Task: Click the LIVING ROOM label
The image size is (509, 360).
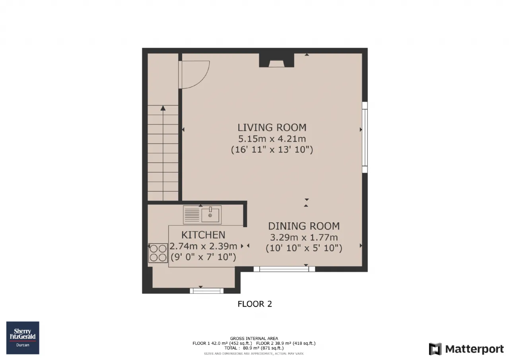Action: pos(272,128)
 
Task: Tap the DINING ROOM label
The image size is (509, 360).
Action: pos(304,226)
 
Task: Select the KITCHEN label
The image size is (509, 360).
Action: pos(203,235)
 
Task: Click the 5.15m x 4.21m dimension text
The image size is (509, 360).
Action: pos(272,139)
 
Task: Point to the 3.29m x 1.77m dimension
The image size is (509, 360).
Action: pos(304,237)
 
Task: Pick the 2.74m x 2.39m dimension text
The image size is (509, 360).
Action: pos(203,246)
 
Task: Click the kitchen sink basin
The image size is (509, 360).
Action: pos(210,215)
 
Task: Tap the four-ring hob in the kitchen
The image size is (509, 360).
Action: pos(158,253)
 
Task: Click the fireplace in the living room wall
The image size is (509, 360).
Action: pos(276,60)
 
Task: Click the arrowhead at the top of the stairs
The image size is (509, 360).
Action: pos(163,108)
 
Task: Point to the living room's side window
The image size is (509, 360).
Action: pos(365,138)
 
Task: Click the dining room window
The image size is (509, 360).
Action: pos(284,269)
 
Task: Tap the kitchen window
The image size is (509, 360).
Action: pos(206,291)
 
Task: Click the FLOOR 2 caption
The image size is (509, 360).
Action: pos(255,304)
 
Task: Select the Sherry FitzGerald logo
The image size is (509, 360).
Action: pos(23,338)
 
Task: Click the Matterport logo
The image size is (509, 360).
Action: pos(466,349)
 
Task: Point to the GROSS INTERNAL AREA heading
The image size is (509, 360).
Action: pos(254,339)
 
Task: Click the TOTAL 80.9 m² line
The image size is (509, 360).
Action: pos(254,348)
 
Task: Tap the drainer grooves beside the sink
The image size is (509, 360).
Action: pos(192,215)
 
